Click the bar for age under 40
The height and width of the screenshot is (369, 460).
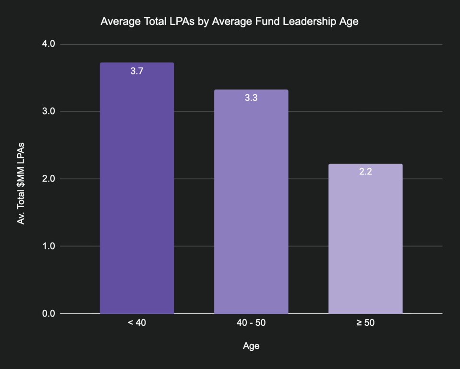point(137,192)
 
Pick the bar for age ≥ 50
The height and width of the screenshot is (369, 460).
point(365,240)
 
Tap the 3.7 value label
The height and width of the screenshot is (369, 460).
point(137,71)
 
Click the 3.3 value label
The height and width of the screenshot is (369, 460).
point(251,98)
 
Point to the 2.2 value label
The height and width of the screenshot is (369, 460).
point(365,172)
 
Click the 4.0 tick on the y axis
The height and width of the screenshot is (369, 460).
point(48,44)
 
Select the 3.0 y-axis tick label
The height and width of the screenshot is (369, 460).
point(48,111)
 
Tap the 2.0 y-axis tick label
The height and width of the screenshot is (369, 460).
point(48,179)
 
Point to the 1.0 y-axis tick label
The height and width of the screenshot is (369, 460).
point(48,246)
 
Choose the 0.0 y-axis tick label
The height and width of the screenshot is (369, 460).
point(48,313)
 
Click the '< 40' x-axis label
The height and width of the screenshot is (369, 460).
point(137,323)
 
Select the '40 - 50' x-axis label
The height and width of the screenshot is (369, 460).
point(251,323)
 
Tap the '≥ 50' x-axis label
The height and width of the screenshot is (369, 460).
point(365,323)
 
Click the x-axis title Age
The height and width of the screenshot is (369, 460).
point(251,346)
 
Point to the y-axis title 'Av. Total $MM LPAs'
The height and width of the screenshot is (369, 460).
point(21,183)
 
